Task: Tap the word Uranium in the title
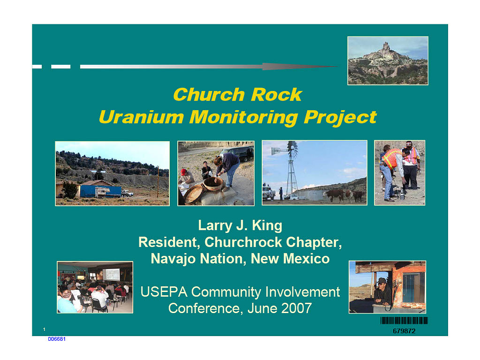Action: tap(141, 117)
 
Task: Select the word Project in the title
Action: tap(340, 118)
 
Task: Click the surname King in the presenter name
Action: tap(267, 226)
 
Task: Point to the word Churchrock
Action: tap(243, 242)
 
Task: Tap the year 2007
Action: tap(297, 308)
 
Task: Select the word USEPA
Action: tap(164, 292)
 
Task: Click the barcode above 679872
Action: tap(404, 321)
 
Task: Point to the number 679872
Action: tap(404, 331)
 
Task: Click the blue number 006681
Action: tap(57, 339)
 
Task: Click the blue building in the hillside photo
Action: tap(100, 191)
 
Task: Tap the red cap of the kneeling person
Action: tap(183, 171)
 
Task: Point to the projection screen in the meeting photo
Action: tap(111, 274)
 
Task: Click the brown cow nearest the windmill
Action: tap(333, 195)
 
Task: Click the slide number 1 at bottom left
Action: tap(45, 329)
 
